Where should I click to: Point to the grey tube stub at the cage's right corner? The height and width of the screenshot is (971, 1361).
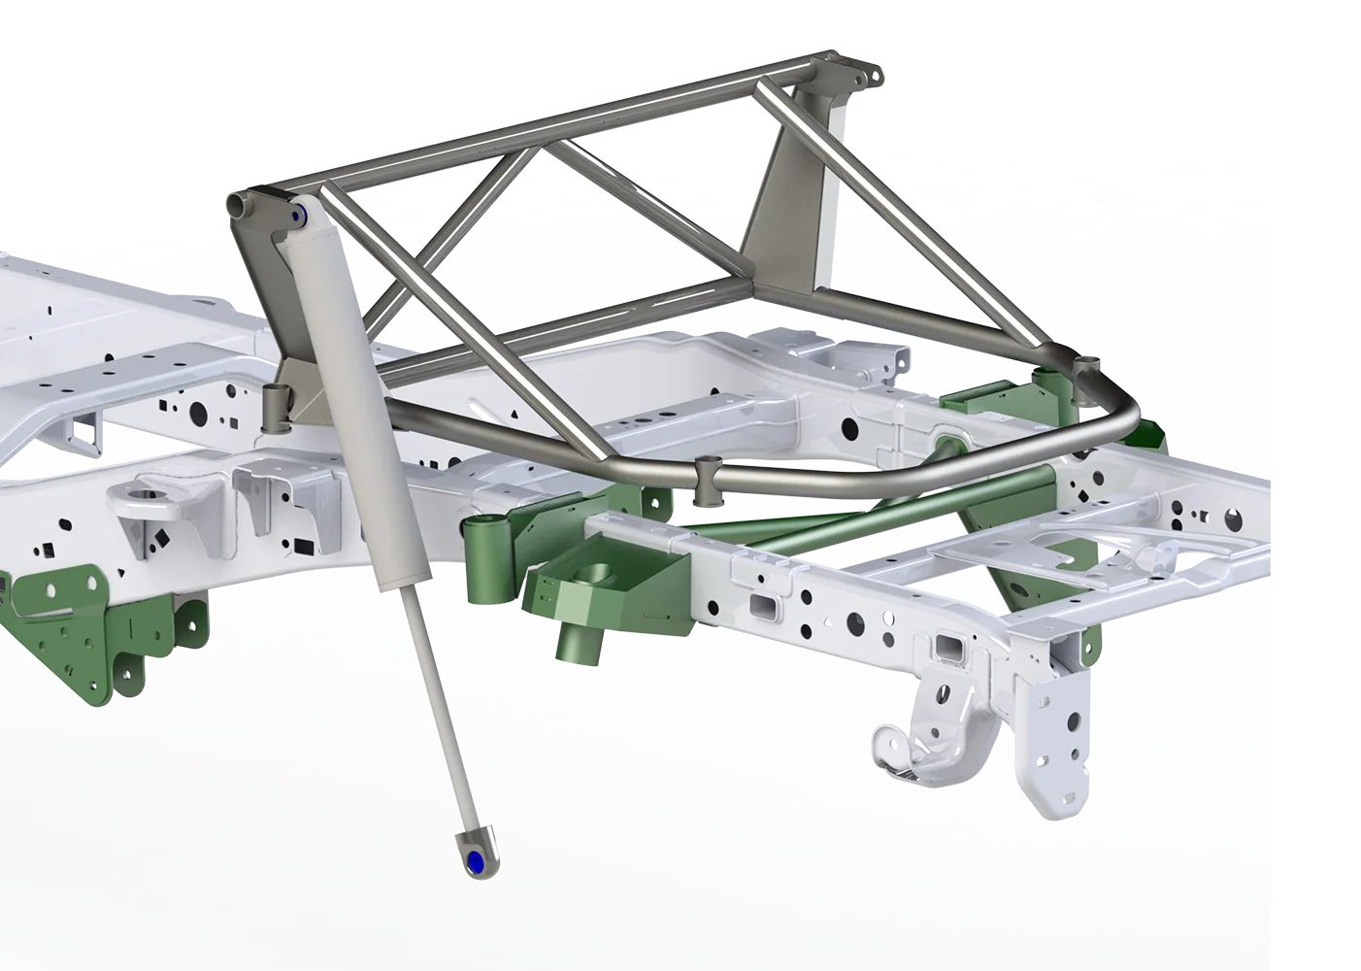(1086, 374)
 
